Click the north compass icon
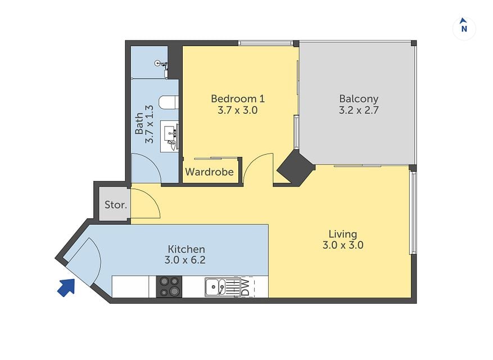click(464, 28)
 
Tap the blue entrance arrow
click(67, 287)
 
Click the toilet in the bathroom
click(169, 102)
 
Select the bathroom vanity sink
click(170, 136)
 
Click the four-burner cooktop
click(169, 286)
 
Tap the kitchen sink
click(215, 287)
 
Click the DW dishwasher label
click(246, 287)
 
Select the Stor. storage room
click(115, 205)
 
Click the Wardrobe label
click(210, 172)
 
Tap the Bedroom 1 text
click(238, 99)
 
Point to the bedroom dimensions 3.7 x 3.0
click(238, 110)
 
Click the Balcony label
click(359, 99)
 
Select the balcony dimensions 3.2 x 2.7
click(359, 110)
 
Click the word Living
click(343, 234)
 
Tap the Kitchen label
click(186, 249)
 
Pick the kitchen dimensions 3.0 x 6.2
click(185, 260)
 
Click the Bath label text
click(139, 123)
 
